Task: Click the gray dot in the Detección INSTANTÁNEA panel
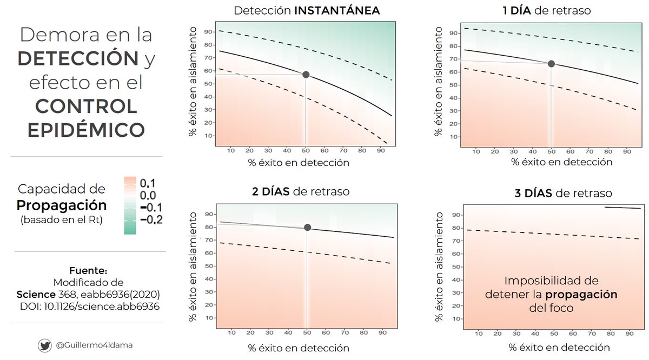306,75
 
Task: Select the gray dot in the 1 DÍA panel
551,64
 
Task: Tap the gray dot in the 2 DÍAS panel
307,228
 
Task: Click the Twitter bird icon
44,345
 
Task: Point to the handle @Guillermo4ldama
91,345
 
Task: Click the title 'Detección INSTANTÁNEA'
306,11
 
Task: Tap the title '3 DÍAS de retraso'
564,193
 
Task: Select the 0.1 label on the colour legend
147,183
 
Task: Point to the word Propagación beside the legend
61,206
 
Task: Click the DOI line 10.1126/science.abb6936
88,306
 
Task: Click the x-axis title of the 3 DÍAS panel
560,347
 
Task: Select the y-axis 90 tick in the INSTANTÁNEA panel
207,31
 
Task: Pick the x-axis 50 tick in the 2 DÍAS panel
307,333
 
